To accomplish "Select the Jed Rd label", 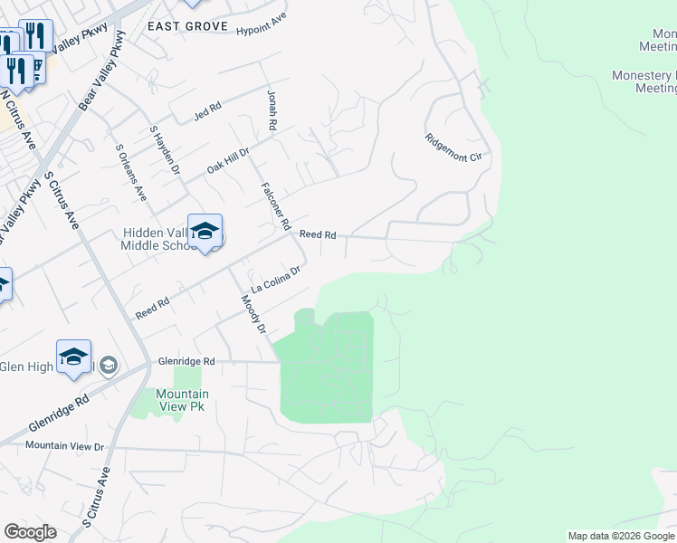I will [x=207, y=111].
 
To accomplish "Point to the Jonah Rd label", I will [x=271, y=108].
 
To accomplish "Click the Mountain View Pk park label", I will [x=182, y=400].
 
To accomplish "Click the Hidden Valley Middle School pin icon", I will [x=205, y=230].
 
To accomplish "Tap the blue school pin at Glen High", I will [x=73, y=357].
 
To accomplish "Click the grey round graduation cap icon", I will [x=109, y=365].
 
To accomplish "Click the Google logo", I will [x=30, y=532].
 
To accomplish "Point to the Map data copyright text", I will [x=621, y=536].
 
